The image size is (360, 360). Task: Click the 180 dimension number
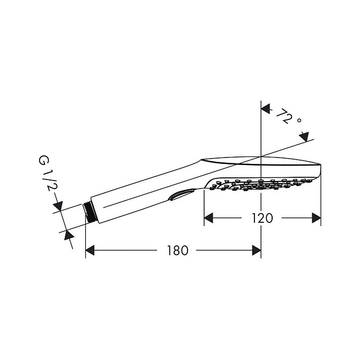pos(177,250)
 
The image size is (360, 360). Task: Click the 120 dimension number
pos(262,218)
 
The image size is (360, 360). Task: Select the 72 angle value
pos(284,116)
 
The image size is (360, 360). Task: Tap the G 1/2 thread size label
pos(47,174)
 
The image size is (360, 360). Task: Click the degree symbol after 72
pos(299,120)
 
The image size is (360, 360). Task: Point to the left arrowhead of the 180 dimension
pos(90,250)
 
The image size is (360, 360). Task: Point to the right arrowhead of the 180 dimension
pos(257,250)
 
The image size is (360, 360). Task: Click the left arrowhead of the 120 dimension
pos(208,218)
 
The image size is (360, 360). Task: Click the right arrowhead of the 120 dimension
pos(317,218)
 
